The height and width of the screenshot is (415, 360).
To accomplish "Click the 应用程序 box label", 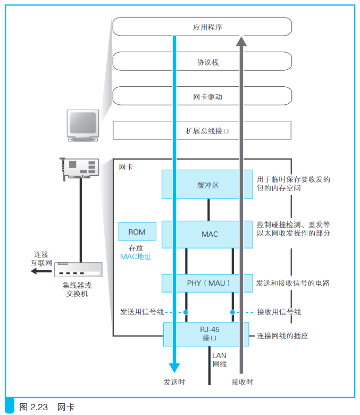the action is tap(207, 27).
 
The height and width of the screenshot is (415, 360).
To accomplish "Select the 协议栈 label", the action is tap(207, 62).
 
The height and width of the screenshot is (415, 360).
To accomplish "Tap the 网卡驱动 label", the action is tap(207, 97).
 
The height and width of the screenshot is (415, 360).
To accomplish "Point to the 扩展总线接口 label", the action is tap(207, 131).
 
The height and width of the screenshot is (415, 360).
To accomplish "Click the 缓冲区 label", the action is tap(208, 185).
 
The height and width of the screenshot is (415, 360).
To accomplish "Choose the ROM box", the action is tap(137, 231).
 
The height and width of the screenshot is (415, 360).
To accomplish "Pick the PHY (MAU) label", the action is tap(208, 283).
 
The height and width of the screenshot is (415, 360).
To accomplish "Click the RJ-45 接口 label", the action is tap(210, 334).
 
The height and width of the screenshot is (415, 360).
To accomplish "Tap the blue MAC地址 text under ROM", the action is tap(136, 256).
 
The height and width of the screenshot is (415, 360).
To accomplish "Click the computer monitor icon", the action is tap(83, 126).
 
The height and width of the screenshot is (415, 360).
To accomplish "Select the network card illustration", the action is tap(79, 169).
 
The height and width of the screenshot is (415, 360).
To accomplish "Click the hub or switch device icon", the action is tap(78, 269).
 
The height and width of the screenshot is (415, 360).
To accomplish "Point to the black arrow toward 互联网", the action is tap(41, 271).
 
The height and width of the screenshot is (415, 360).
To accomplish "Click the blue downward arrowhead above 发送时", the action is tap(174, 368).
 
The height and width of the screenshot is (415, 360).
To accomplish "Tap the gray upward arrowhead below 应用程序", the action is tap(241, 41).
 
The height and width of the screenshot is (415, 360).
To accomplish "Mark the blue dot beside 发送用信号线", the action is tap(186, 312).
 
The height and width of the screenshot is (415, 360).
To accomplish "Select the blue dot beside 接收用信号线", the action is tap(232, 312).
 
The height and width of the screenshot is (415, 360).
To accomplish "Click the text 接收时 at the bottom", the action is tap(242, 382).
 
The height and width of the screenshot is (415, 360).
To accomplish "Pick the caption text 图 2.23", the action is tap(34, 407).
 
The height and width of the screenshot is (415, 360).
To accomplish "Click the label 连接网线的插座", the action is tap(282, 336).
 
